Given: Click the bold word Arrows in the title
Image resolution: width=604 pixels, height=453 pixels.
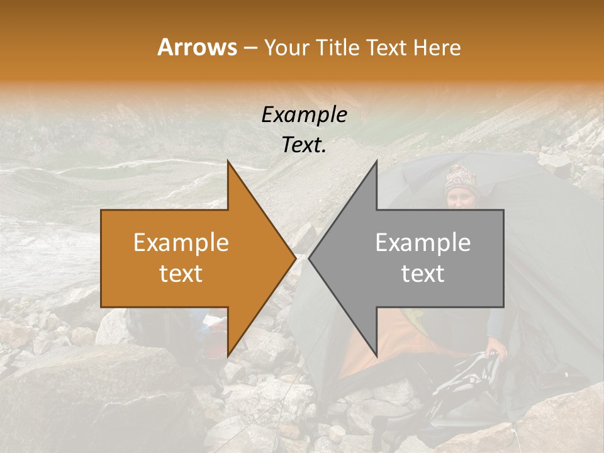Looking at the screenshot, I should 198,47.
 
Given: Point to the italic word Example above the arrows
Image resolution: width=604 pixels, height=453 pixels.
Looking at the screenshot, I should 305,115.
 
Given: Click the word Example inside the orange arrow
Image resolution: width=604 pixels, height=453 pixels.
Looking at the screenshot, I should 181,243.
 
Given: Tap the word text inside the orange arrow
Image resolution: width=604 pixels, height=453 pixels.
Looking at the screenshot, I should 181,274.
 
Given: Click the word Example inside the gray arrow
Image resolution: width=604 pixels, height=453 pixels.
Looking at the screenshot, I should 423,243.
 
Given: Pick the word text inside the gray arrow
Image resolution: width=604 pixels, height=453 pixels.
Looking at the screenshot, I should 423,274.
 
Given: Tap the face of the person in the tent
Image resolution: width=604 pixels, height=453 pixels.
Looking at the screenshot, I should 461,200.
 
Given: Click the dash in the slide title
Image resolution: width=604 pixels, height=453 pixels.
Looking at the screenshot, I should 249,48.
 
